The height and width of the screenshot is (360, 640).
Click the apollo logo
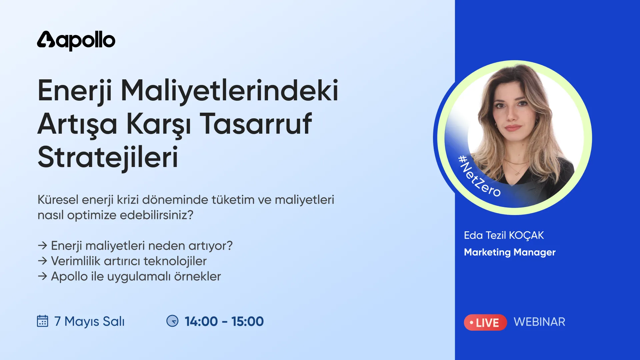pos(76,41)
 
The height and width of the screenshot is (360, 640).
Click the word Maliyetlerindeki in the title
pos(229,90)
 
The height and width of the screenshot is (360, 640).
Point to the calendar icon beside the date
pos(42,321)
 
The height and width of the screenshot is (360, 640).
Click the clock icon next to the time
pos(172,321)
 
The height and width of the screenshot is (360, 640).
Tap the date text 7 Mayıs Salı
pos(89,321)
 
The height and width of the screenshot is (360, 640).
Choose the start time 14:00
pos(201,321)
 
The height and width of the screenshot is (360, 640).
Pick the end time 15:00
pos(247,321)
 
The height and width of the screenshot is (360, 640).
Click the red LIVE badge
pos(485,322)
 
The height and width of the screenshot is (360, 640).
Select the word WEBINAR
pos(539,322)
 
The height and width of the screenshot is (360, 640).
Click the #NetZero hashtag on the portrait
pos(479,176)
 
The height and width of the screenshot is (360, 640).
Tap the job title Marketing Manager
pos(510,252)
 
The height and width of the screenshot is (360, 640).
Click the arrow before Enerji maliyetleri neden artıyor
pos(42,246)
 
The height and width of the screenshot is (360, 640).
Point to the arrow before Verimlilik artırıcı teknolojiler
pos(42,261)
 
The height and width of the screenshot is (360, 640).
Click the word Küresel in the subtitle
pos(58,200)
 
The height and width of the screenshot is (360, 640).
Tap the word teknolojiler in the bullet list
pos(175,261)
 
